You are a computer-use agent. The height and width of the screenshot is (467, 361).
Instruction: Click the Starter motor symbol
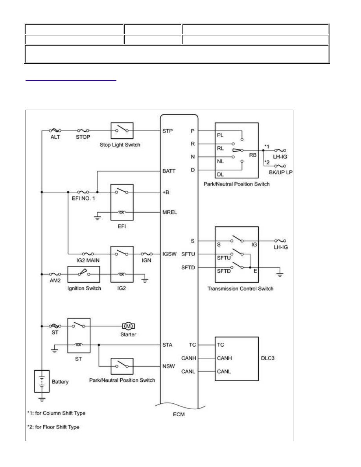click(128, 326)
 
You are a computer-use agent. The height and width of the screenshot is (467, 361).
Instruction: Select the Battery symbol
click(42, 382)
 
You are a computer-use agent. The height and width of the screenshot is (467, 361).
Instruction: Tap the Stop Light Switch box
click(122, 131)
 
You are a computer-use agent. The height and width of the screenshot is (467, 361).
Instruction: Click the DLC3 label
click(267, 358)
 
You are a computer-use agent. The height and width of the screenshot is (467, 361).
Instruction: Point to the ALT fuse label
click(55, 137)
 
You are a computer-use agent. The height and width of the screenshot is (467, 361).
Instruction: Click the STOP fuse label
click(83, 137)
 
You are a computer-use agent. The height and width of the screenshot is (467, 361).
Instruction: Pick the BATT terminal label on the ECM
click(169, 171)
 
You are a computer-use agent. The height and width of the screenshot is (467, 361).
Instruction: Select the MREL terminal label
click(170, 212)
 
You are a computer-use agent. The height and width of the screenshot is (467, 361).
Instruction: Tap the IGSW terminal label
click(169, 254)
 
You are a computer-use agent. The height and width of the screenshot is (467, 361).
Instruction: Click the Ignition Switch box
click(84, 274)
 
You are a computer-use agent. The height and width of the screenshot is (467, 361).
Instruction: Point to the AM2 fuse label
click(55, 281)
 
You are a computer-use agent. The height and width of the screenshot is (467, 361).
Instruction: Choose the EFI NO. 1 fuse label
click(83, 199)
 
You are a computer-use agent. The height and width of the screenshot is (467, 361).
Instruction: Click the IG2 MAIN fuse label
click(88, 260)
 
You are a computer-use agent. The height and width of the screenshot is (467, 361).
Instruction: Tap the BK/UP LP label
click(280, 172)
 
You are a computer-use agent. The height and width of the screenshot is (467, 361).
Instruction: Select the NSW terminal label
click(169, 366)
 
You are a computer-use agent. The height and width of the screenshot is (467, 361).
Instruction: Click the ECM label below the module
click(179, 414)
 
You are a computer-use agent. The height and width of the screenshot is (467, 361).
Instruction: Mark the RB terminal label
click(252, 155)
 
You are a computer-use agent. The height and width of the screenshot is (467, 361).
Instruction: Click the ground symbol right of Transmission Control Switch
click(280, 274)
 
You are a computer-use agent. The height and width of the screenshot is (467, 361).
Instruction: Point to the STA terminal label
click(168, 345)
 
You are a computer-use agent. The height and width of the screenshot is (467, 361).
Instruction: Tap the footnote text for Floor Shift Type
click(53, 427)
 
